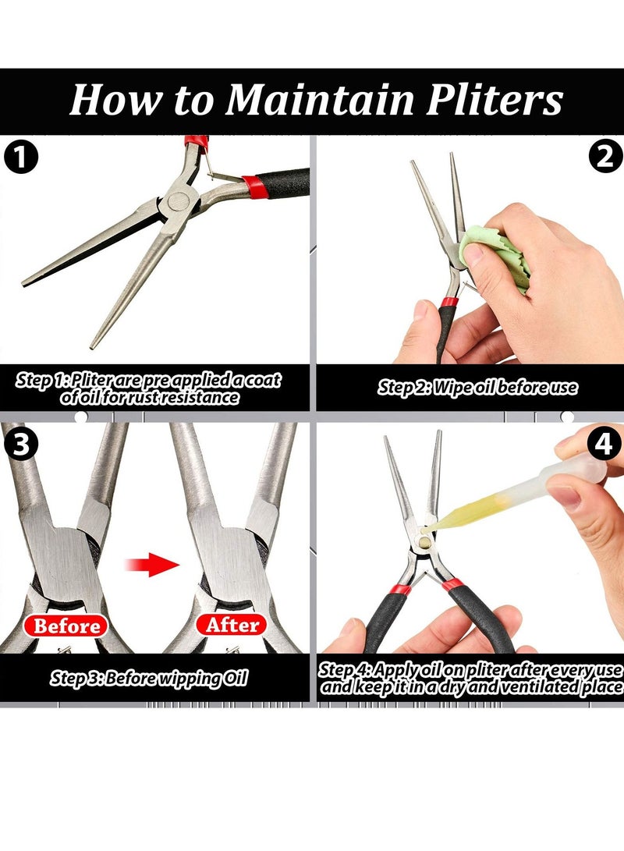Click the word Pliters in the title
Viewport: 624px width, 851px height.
[495, 100]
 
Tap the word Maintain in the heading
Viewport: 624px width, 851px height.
[320, 100]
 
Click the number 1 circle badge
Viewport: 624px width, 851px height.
[21, 158]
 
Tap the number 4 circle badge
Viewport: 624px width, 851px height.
[604, 443]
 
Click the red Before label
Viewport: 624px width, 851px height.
[66, 626]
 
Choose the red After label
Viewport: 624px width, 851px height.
[232, 625]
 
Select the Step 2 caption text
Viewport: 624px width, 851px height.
[477, 388]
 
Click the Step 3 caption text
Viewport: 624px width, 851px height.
[149, 678]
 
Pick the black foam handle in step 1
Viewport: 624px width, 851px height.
[282, 183]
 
